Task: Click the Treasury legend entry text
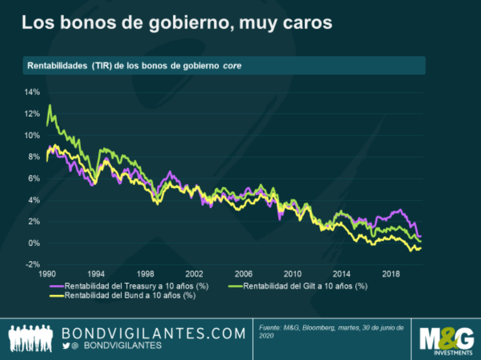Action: pos(137,286)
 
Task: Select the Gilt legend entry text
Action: pos(305,286)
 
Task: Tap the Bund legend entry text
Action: pos(130,295)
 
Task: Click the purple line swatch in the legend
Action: pos(56,286)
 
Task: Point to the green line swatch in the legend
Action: pos(236,286)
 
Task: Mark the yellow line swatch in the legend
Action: pos(56,295)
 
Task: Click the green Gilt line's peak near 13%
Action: pos(50,105)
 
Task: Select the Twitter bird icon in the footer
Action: pos(66,346)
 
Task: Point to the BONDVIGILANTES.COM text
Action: pos(154,334)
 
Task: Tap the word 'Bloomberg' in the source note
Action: pos(319,328)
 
